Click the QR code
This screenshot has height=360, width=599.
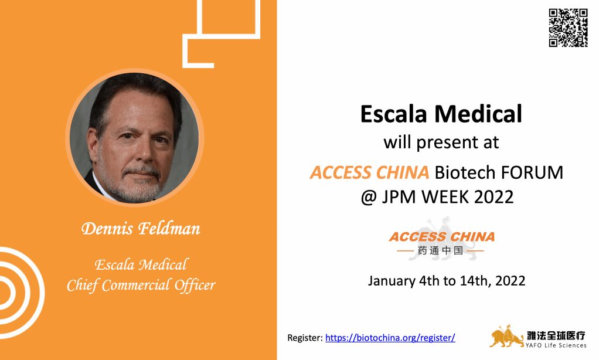tap(568, 28)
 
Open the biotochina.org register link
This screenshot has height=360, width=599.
tap(390, 338)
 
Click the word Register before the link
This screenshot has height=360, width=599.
tap(305, 338)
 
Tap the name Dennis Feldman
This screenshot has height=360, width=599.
tap(141, 229)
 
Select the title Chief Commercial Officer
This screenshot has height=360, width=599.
tap(141, 286)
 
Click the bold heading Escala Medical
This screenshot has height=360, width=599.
tap(441, 114)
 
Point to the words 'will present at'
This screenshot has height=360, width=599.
tap(441, 142)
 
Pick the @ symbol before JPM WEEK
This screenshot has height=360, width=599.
tap(369, 198)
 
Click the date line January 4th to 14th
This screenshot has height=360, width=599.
tap(446, 281)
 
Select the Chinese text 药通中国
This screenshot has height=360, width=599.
tap(441, 251)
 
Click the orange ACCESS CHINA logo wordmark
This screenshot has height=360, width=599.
tap(441, 237)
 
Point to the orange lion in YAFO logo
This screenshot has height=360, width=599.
tap(506, 337)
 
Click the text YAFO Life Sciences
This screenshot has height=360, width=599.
tap(556, 345)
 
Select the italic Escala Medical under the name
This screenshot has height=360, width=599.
tap(141, 264)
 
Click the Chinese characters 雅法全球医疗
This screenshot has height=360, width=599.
tap(556, 335)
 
